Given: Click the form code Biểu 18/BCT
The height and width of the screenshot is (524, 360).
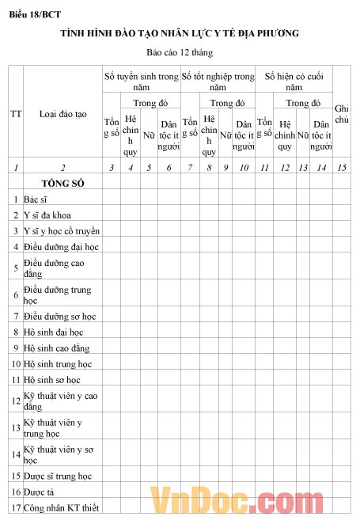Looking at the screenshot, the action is pyautogui.click(x=35, y=14).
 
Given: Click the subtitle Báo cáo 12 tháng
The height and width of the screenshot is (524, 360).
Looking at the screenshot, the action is pyautogui.click(x=180, y=52).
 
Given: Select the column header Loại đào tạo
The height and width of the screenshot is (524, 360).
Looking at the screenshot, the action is pyautogui.click(x=63, y=114).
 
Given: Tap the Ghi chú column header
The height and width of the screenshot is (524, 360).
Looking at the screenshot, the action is pyautogui.click(x=342, y=113).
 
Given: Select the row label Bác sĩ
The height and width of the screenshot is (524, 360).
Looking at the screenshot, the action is pyautogui.click(x=36, y=199).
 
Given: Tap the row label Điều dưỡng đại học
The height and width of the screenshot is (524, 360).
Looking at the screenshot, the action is pyautogui.click(x=60, y=246).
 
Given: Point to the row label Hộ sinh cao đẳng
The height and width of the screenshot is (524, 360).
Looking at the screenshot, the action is pyautogui.click(x=56, y=348).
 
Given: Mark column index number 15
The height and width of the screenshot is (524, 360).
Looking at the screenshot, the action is pyautogui.click(x=342, y=167).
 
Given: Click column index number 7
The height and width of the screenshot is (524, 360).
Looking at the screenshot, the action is pyautogui.click(x=190, y=167).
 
